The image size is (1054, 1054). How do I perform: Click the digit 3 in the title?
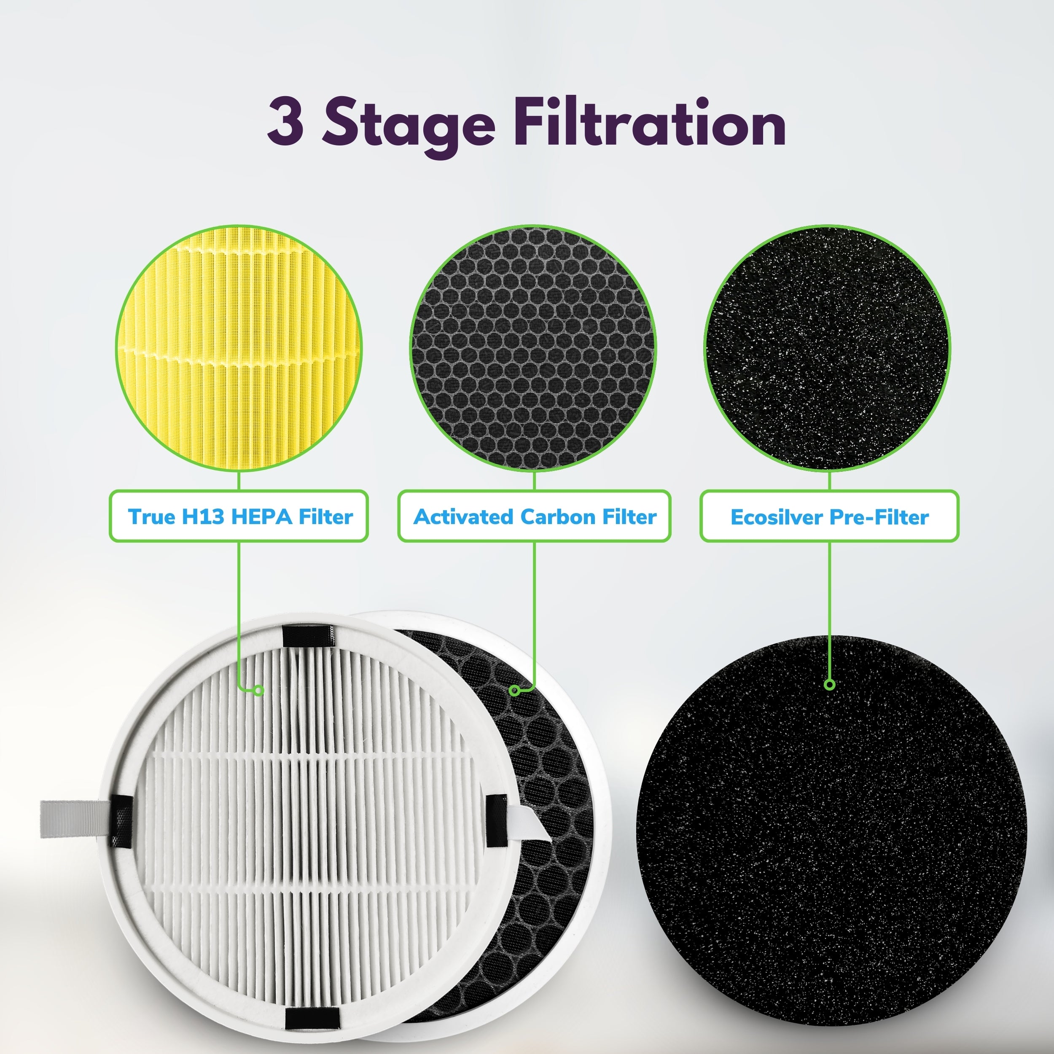pos(285,122)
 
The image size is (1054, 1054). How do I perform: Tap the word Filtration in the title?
pos(649,122)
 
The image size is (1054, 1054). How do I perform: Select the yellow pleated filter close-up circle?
pos(239,348)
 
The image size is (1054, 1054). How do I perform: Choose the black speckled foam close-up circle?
pos(828,348)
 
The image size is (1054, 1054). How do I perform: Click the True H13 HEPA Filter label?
pos(239,516)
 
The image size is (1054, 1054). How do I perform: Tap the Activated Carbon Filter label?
pos(534,516)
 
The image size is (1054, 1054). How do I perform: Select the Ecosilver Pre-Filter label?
pos(829,516)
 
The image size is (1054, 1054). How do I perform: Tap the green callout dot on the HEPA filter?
pos(259,691)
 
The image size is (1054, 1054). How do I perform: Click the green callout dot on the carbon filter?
pos(514,691)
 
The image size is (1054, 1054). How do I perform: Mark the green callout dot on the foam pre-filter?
pos(830,685)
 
